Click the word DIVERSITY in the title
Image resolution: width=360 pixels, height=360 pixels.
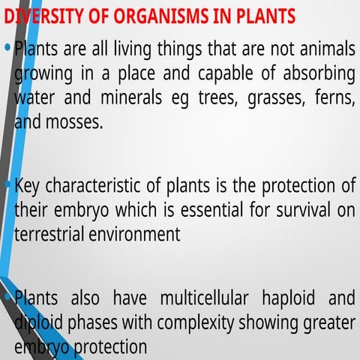tap(43, 16)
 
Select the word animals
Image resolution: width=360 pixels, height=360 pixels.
tap(328, 49)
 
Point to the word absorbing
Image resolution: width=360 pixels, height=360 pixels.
tap(319, 74)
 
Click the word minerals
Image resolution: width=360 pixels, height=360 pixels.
tap(131, 97)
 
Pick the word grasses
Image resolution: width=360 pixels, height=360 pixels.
tap(276, 99)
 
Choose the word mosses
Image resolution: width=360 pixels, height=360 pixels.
tap(74, 122)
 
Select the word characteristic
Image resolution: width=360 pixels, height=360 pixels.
tap(93, 185)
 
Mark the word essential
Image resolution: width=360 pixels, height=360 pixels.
tap(212, 209)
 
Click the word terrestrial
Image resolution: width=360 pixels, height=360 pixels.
tap(49, 234)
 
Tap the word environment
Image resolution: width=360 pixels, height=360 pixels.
tap(134, 234)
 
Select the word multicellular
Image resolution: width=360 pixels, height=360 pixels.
tap(204, 298)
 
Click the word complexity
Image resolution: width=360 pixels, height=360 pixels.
tap(196, 323)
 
